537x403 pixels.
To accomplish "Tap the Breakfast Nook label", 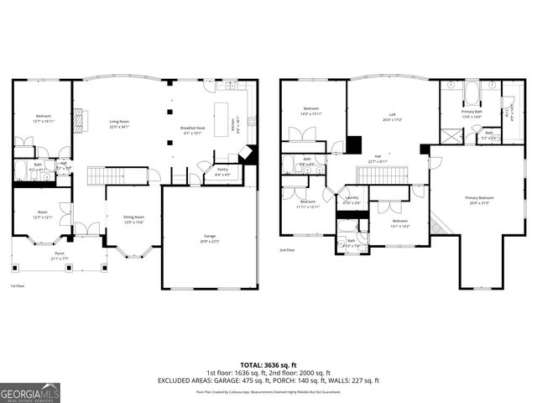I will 193,129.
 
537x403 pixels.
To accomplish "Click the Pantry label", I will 222,171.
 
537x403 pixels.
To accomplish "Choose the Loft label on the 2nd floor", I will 392,116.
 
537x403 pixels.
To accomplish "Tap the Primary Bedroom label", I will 479,200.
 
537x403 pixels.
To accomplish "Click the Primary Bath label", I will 472,113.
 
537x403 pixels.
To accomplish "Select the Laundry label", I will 352,200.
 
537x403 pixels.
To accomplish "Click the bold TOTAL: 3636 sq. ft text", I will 268,365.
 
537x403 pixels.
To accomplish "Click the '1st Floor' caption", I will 17,285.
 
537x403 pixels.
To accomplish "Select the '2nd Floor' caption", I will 287,250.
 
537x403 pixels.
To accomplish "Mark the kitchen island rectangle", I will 222,118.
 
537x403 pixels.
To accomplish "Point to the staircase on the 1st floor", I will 107,175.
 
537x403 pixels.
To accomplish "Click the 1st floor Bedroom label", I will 43,118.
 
